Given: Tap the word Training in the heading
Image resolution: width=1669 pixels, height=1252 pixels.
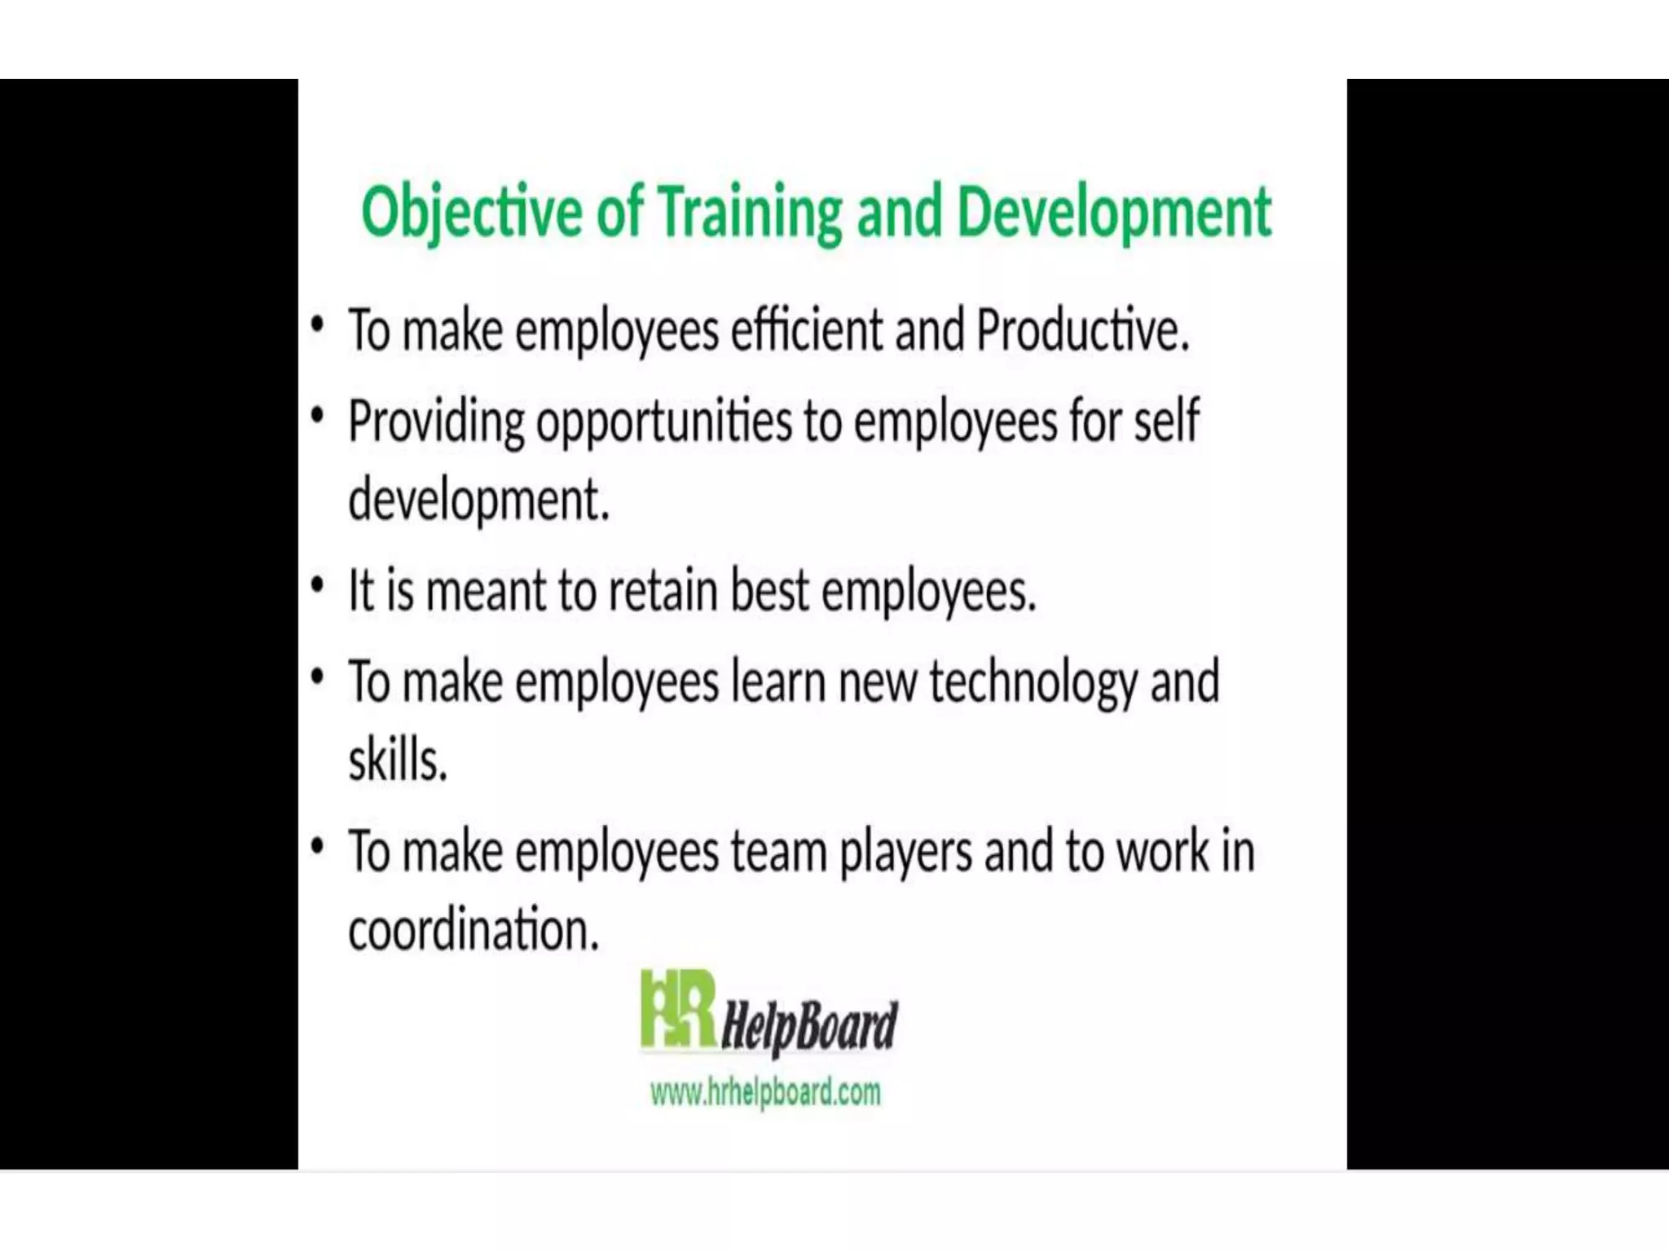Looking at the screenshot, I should click(750, 212).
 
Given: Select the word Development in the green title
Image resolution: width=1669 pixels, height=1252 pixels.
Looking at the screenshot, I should click(1113, 212).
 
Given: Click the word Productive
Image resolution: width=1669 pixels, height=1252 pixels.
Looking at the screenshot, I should click(1082, 331).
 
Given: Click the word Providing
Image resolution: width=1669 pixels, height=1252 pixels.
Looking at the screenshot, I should click(436, 422).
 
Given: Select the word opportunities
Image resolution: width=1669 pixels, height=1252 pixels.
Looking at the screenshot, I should click(663, 422).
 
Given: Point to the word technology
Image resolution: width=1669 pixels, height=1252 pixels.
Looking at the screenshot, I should click(1033, 683).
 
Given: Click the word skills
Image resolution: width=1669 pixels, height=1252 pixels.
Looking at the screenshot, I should click(398, 760).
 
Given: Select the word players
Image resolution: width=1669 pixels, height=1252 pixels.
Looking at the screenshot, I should click(905, 853).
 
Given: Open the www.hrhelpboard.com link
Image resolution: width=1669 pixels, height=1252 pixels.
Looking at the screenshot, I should click(765, 1091).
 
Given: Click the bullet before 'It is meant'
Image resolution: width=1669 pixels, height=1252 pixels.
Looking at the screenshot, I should click(318, 586).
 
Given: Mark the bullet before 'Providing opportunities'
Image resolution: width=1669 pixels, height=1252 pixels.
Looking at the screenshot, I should click(318, 417).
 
